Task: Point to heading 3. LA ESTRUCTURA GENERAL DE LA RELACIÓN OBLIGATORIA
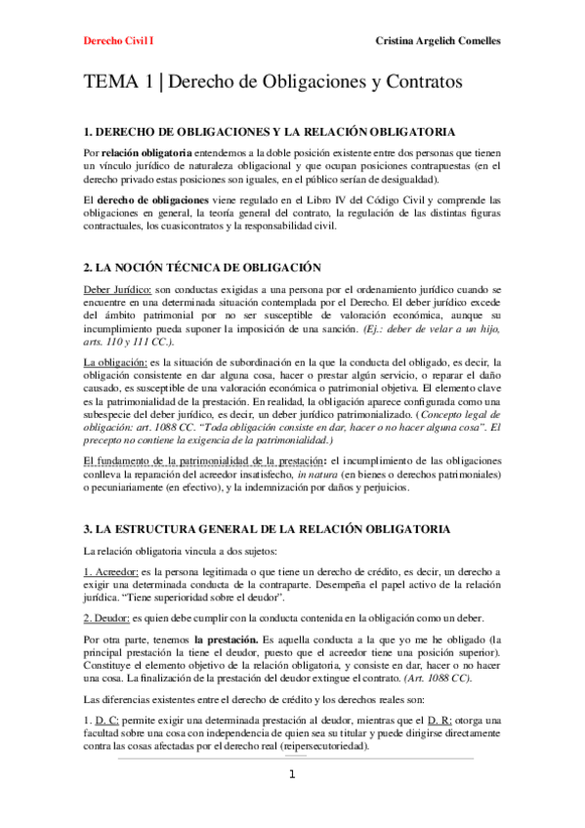[268, 528]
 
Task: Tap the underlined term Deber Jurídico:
[118, 290]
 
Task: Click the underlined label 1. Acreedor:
[110, 571]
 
